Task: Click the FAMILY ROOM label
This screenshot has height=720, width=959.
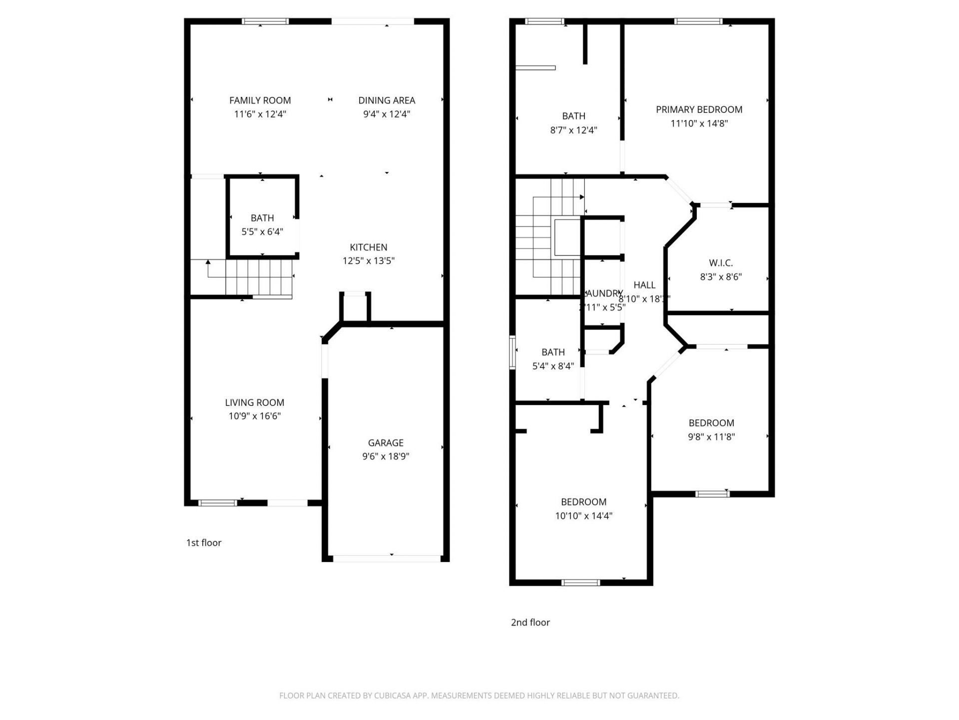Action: (260, 100)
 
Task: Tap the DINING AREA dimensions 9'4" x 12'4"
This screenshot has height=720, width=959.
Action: (386, 114)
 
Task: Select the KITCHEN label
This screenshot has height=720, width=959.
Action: (368, 247)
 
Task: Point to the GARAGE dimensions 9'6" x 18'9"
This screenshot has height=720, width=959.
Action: (386, 456)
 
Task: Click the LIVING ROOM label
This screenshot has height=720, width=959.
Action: (254, 402)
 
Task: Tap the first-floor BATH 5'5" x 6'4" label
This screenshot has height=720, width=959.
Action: (262, 218)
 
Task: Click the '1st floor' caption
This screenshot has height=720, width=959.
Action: (203, 542)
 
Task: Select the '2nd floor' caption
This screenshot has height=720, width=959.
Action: (530, 622)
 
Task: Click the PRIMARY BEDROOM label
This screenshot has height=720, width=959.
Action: (699, 109)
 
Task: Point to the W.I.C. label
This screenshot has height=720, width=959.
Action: (721, 263)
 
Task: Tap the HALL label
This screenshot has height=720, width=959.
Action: (644, 285)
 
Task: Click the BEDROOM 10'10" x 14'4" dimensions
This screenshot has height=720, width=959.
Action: (583, 515)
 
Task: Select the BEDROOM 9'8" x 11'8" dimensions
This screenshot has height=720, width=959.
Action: (711, 436)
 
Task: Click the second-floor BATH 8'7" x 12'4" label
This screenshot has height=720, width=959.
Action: (573, 116)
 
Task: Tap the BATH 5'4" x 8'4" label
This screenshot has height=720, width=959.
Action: (553, 352)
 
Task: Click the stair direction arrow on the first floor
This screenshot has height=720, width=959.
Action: (208, 262)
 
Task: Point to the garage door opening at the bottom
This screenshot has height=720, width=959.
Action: (387, 558)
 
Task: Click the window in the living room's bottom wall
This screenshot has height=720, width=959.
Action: (218, 503)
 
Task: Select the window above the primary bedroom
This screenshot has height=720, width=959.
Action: (698, 21)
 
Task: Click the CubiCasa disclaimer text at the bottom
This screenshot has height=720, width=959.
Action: (479, 695)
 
